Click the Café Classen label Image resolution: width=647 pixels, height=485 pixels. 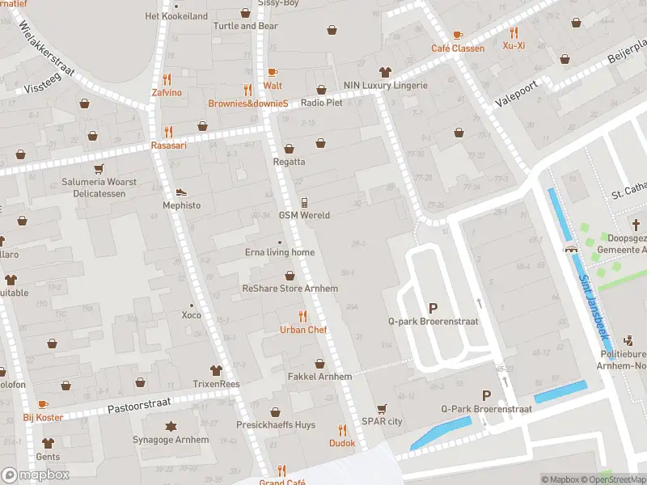click(x=458, y=48)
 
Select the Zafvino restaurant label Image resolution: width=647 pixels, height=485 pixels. click(x=167, y=93)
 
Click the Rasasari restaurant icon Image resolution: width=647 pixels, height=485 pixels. click(x=168, y=132)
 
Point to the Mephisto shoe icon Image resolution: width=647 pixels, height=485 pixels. click(x=181, y=192)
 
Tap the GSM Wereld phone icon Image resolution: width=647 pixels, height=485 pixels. click(x=304, y=202)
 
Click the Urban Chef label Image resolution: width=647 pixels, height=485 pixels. click(x=303, y=330)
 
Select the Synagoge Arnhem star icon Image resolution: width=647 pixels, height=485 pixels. click(x=171, y=426)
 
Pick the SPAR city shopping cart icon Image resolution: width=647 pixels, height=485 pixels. click(x=382, y=408)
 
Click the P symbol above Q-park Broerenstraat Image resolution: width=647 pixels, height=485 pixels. click(x=433, y=308)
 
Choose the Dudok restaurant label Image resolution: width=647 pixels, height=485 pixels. click(x=341, y=443)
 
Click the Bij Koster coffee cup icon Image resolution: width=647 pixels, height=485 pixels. click(x=43, y=404)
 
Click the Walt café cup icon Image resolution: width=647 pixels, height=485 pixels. click(x=272, y=72)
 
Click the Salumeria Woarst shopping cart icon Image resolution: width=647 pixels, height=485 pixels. click(x=99, y=169)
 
